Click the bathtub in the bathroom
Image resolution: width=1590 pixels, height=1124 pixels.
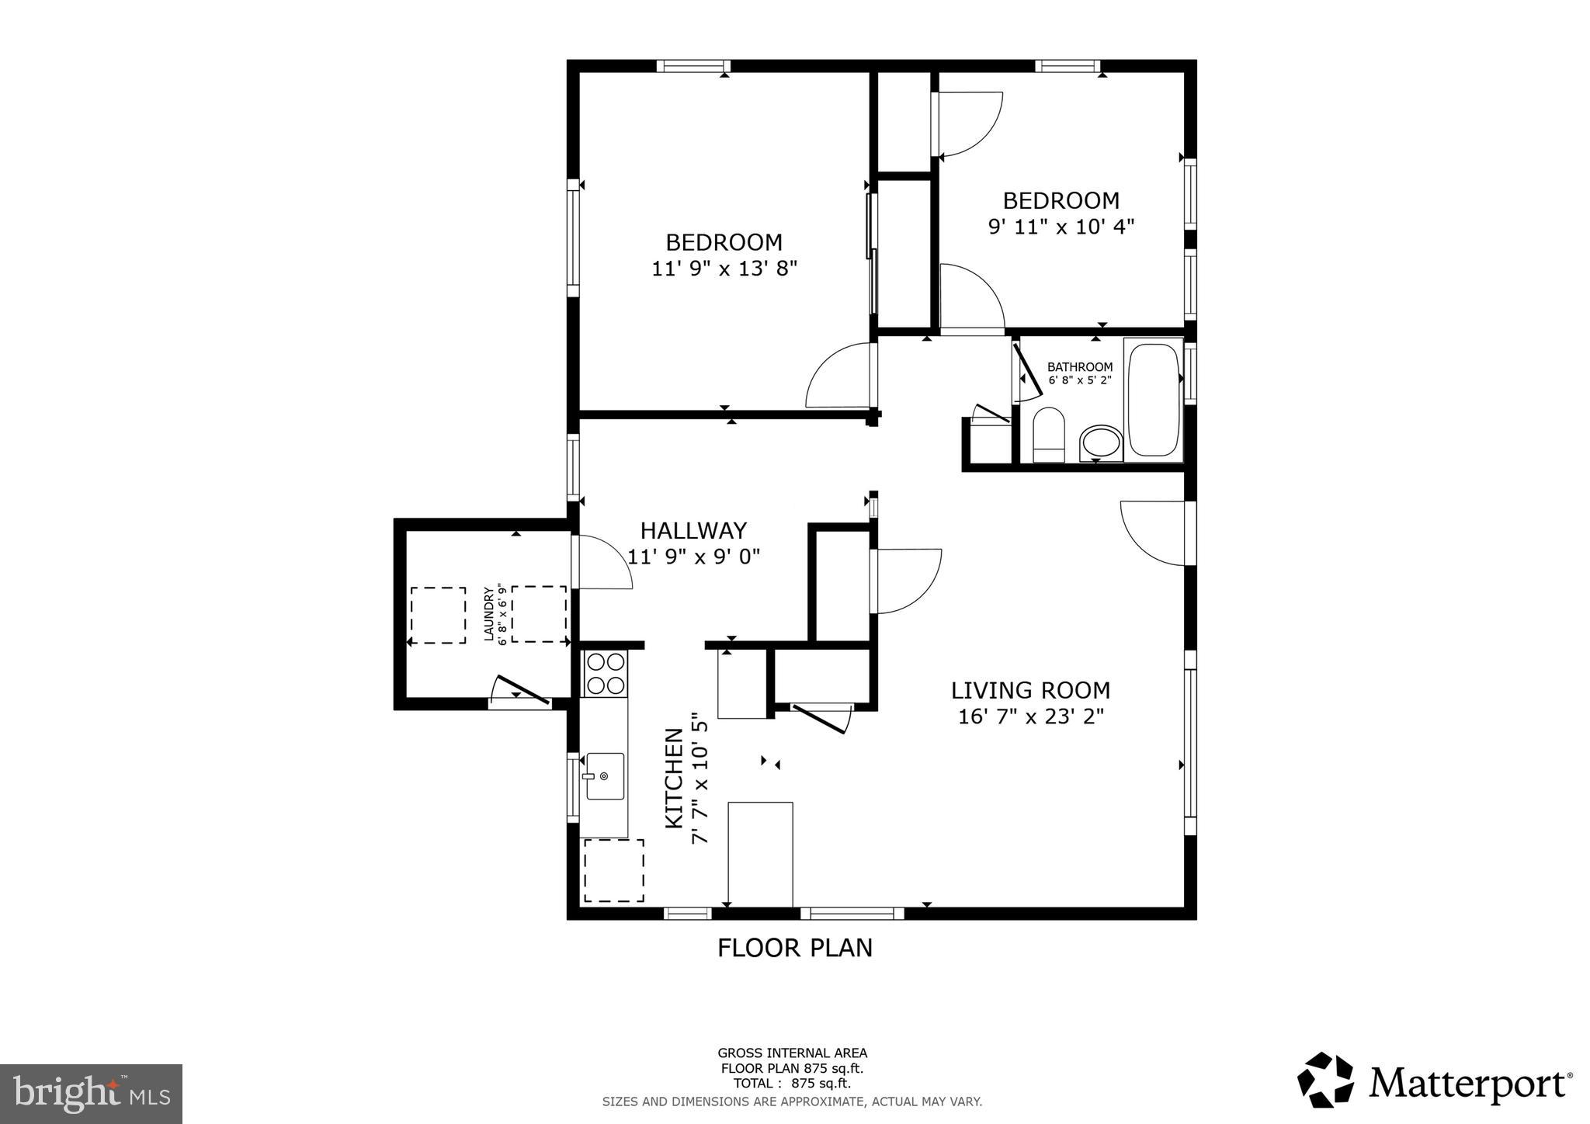[x=1153, y=400]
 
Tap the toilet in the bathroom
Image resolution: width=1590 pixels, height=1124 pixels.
[x=1049, y=435]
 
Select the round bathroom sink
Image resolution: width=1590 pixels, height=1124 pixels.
[x=1101, y=442]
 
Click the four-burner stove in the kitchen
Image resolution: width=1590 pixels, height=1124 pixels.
[x=606, y=674]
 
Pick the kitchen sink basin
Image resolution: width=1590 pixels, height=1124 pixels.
[x=604, y=775]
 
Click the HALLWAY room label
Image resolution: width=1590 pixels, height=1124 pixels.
[x=693, y=531]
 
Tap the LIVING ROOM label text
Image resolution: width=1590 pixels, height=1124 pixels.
[x=1031, y=690]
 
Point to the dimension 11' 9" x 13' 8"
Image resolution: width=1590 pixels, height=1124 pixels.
[x=724, y=269]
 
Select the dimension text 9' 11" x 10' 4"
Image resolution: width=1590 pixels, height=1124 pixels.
[x=1061, y=227]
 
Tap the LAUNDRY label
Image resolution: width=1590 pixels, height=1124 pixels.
[x=489, y=614]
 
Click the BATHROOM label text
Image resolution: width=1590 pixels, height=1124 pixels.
[x=1080, y=367]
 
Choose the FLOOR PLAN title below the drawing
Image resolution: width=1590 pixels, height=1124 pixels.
[x=795, y=948]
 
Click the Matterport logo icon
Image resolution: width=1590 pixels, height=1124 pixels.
[x=1325, y=1080]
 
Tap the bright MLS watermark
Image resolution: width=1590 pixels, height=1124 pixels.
[x=92, y=1094]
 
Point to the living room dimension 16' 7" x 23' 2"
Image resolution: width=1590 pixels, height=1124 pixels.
[x=1031, y=716]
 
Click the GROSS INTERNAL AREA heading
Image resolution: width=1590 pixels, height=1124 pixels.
[x=792, y=1053]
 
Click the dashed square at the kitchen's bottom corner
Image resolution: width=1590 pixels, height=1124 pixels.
[x=613, y=870]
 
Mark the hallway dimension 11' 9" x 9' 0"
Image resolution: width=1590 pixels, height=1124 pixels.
[x=693, y=557]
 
